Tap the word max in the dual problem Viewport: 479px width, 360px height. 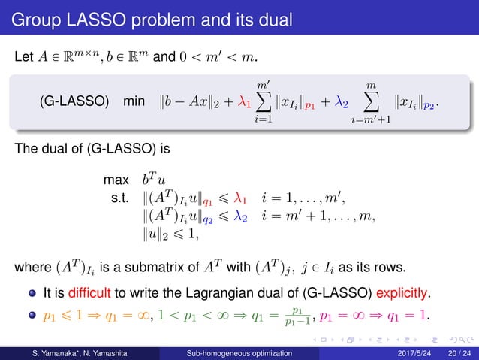pos(116,181)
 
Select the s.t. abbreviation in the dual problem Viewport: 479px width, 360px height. pos(120,201)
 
